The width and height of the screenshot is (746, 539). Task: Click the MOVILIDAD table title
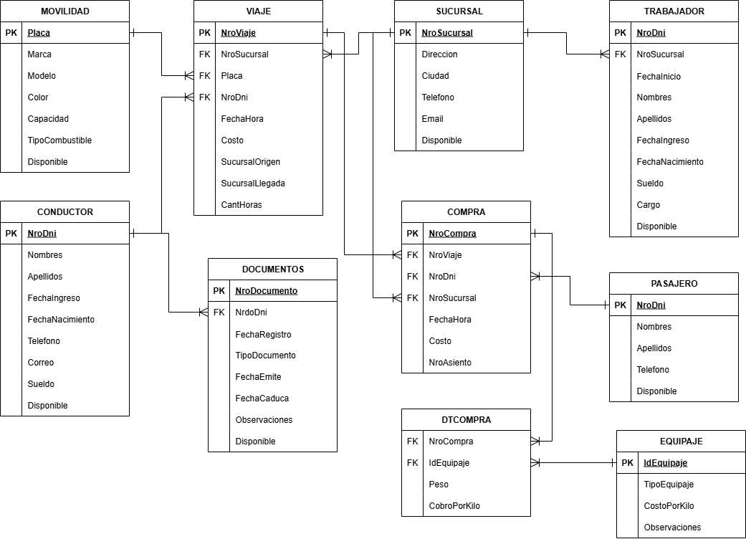64,11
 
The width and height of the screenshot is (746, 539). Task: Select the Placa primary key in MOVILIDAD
39,33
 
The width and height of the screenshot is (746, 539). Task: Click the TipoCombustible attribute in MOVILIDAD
59,140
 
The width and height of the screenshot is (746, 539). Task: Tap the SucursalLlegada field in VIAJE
253,183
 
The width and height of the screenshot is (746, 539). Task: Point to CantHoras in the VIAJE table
242,205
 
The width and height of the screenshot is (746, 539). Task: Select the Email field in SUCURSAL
432,119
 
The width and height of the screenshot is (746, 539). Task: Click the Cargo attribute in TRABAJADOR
649,205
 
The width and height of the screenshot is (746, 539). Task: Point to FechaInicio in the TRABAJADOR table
659,76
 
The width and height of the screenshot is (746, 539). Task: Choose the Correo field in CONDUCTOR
41,363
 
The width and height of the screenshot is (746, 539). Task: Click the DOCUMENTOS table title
272,269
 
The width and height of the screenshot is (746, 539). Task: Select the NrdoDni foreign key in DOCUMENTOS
251,313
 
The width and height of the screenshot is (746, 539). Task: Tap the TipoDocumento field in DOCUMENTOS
265,356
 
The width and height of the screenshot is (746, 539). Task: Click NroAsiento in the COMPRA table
450,363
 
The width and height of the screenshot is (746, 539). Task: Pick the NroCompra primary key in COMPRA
452,234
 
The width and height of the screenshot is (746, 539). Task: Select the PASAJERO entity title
674,284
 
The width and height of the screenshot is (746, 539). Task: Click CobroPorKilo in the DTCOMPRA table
454,506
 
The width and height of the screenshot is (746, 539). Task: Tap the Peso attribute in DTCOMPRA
439,485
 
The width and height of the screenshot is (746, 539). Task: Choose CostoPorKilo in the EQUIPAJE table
669,506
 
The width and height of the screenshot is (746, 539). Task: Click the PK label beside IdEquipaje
627,463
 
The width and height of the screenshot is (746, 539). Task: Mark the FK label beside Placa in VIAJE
204,76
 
